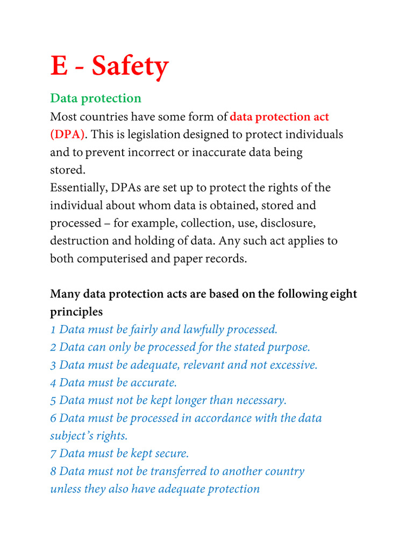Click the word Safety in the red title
130,67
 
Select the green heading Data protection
96,98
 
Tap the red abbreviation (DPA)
68,134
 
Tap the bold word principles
76,312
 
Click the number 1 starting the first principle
53,329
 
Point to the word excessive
291,365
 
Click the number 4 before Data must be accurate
53,382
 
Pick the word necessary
259,400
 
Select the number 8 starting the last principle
53,471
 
